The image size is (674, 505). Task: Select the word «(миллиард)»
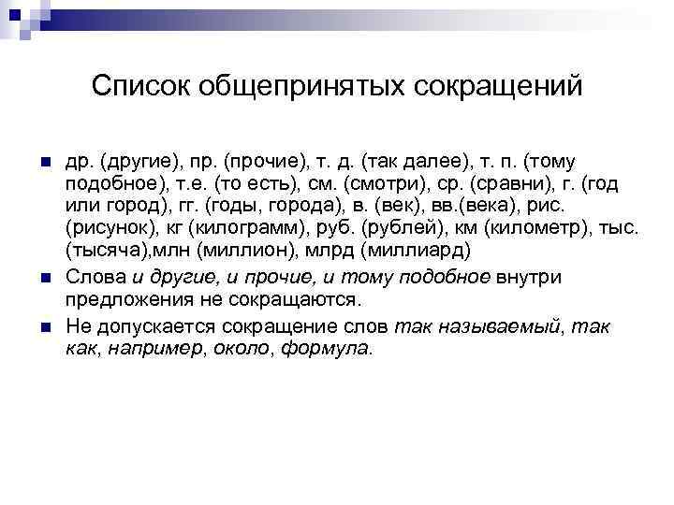422,252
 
